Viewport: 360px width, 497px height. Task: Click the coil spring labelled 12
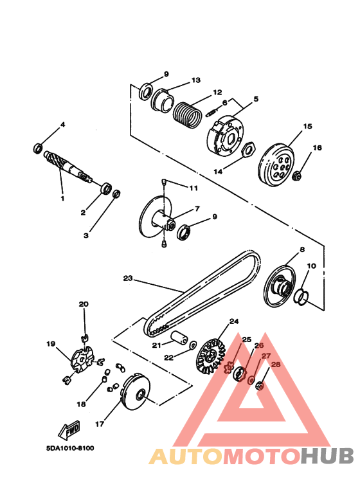click(187, 114)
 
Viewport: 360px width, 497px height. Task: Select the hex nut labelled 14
click(248, 149)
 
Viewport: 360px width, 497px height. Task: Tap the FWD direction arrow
click(69, 429)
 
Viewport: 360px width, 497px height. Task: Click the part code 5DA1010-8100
click(70, 448)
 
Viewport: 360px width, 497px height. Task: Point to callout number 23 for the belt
click(128, 278)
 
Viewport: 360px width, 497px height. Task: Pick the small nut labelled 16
click(297, 174)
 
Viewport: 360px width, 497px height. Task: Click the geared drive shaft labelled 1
click(68, 167)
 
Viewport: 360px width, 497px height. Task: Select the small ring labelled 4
click(39, 148)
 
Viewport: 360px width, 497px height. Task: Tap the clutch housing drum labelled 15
click(276, 165)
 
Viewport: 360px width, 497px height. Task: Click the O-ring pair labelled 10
click(301, 296)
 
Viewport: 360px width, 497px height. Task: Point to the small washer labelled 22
click(192, 345)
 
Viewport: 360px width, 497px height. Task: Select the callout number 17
click(100, 424)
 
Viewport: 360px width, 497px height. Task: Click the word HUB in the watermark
click(327, 456)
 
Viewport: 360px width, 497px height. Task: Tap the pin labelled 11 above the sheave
click(164, 181)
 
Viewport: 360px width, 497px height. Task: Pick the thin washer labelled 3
click(116, 194)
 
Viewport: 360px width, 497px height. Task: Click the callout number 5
click(256, 99)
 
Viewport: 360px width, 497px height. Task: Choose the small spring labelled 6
click(212, 113)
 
